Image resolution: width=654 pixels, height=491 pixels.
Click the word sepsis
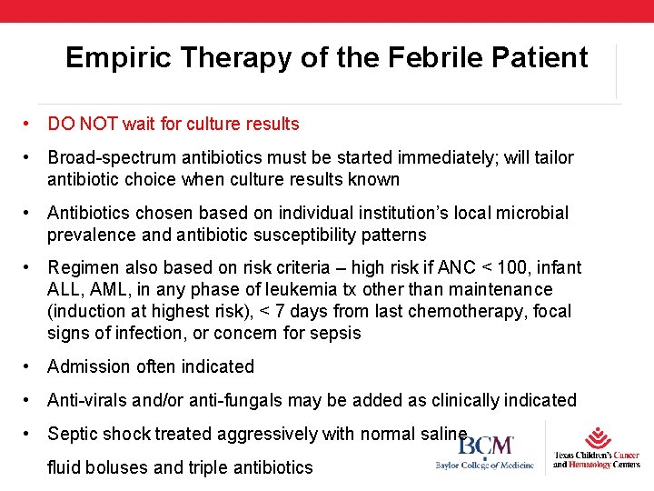point(336,333)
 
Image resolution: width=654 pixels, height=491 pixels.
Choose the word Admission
point(88,366)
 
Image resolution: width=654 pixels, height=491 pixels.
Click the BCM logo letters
point(486,446)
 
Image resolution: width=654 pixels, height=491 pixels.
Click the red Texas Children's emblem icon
point(597,438)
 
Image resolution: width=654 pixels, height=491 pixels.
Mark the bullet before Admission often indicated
point(29,366)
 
